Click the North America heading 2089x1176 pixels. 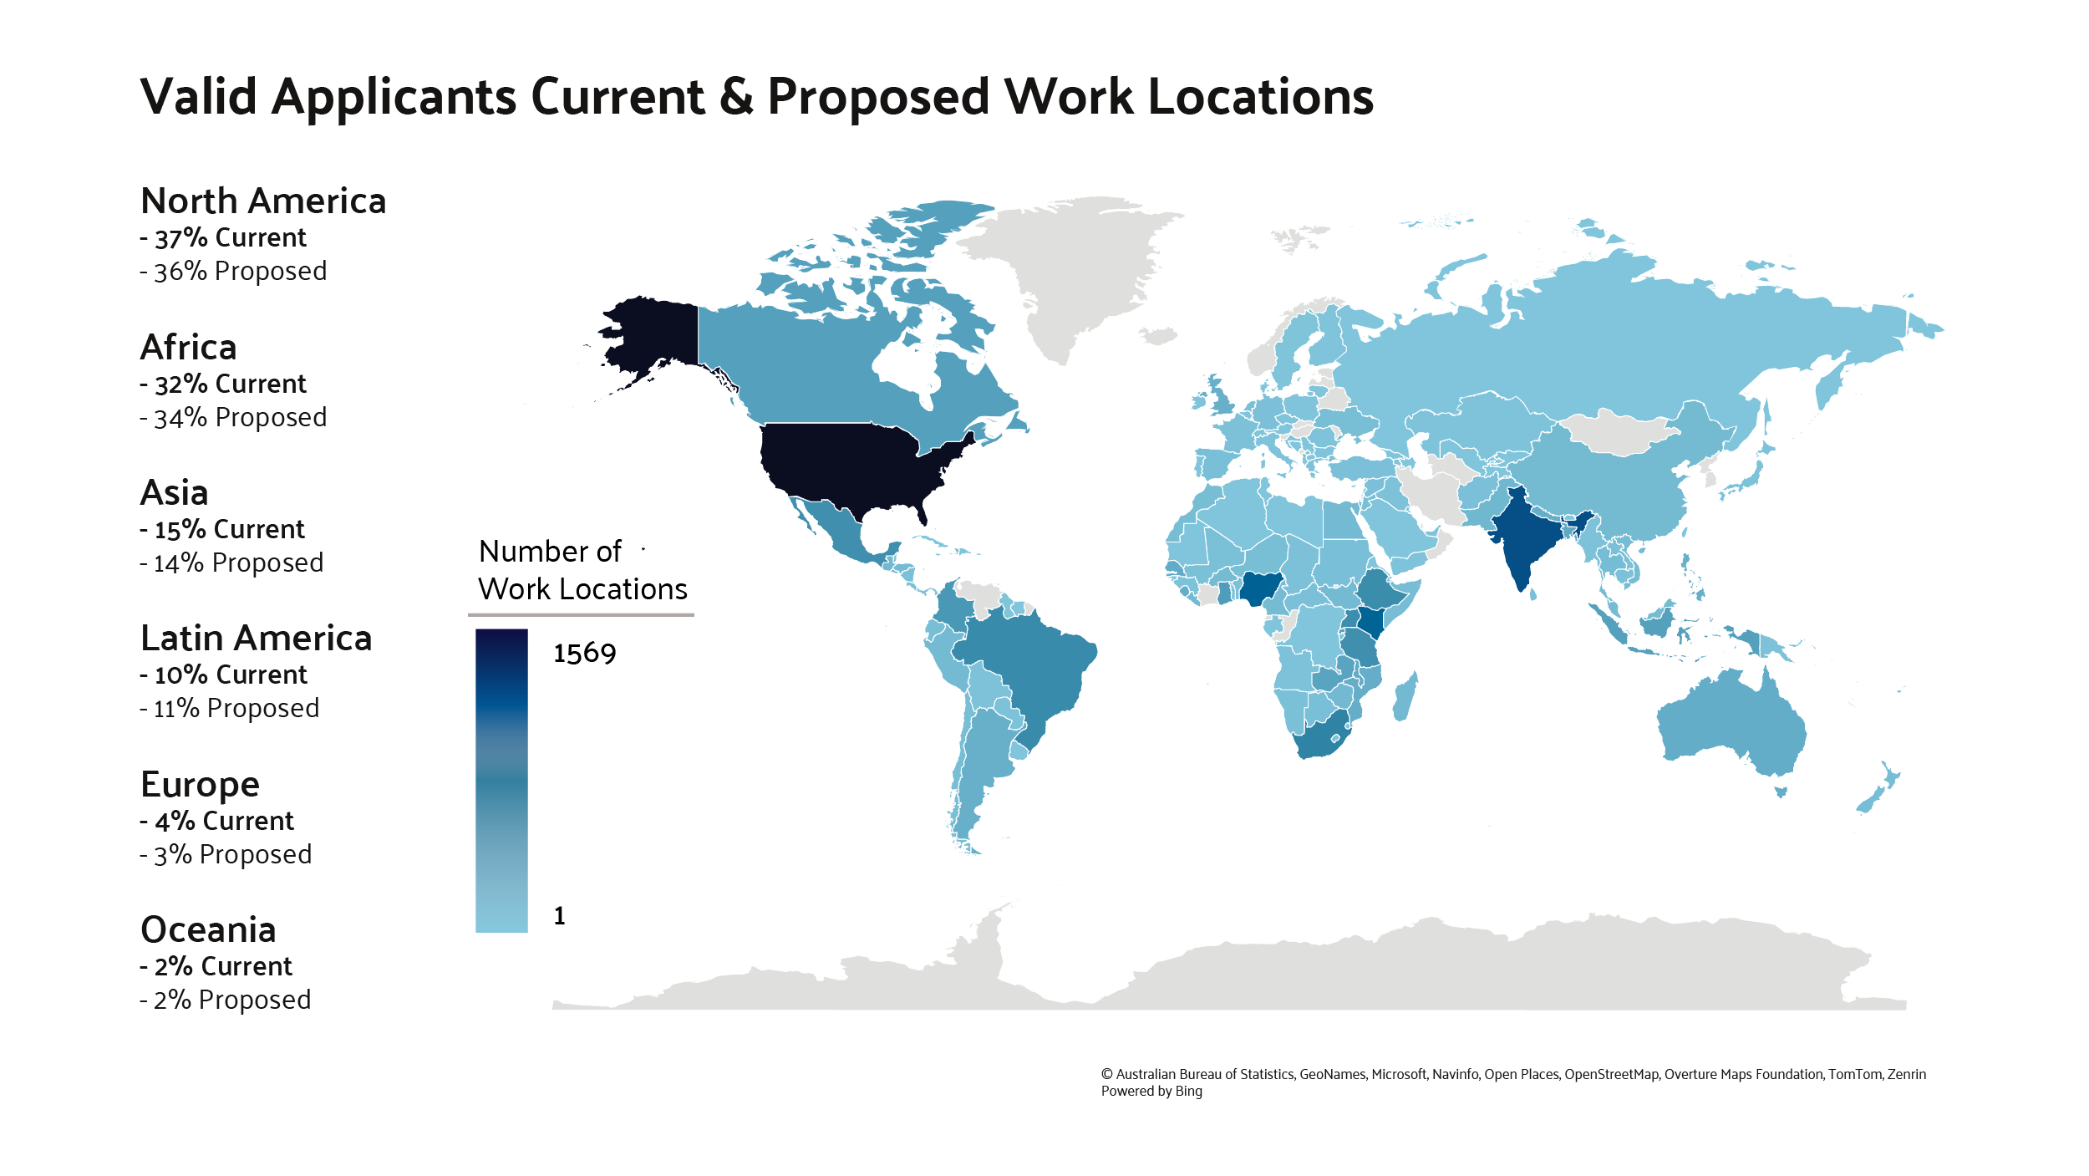(263, 201)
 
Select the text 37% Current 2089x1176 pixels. (230, 238)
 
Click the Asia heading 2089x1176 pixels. (174, 493)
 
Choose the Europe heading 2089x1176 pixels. (200, 785)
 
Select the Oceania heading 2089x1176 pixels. (208, 930)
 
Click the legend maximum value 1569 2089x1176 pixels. (584, 654)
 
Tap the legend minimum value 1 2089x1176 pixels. (559, 916)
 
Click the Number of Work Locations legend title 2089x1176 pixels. (582, 571)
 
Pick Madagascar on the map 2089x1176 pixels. (1405, 697)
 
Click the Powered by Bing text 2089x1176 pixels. (1151, 1091)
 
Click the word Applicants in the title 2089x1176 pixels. (394, 98)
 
